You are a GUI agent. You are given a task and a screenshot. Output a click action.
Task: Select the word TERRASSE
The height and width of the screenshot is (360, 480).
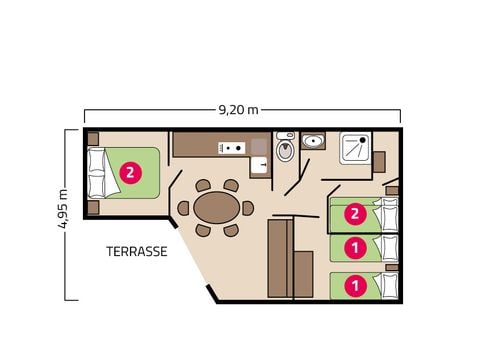point(136,252)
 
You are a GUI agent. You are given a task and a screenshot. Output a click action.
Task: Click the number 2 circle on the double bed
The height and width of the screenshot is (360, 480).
point(131,173)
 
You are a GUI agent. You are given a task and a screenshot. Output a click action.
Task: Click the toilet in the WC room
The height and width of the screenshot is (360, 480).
point(284,149)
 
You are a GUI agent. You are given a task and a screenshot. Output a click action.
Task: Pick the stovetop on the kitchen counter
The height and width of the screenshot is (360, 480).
point(233,148)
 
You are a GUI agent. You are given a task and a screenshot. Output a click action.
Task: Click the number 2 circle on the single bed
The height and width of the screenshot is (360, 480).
point(353,213)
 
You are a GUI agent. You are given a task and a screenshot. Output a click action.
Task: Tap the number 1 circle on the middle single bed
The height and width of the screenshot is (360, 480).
point(353,246)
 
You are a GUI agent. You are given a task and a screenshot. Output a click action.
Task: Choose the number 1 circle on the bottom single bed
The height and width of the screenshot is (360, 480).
point(353,285)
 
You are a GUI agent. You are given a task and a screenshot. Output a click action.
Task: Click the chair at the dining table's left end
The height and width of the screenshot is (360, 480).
point(183,208)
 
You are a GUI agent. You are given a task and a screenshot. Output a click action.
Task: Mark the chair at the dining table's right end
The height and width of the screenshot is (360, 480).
point(248,208)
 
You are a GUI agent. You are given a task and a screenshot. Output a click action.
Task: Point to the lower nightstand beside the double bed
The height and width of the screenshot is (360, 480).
point(93,207)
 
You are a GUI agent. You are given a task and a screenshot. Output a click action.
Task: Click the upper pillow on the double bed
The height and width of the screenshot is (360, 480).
point(97,160)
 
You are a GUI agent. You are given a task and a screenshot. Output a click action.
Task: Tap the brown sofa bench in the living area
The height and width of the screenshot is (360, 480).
point(280,258)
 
